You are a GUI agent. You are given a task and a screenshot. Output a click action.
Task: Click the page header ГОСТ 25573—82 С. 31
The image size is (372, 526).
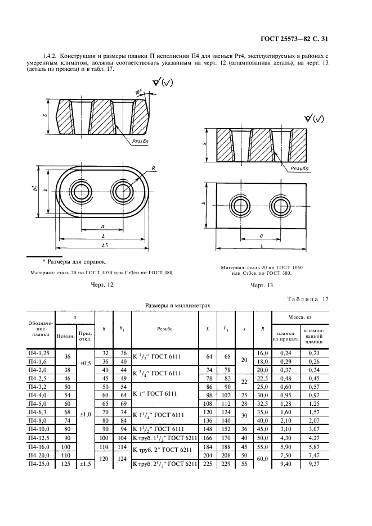[x=294, y=39]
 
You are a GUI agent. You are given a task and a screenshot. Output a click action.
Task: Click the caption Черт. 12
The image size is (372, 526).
[x=102, y=285]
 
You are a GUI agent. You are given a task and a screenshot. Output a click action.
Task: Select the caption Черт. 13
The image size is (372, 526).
[x=261, y=285]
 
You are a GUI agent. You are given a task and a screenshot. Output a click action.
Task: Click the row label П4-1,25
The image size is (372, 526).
[x=39, y=352]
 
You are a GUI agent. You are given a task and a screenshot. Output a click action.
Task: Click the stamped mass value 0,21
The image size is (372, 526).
[x=313, y=352]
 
